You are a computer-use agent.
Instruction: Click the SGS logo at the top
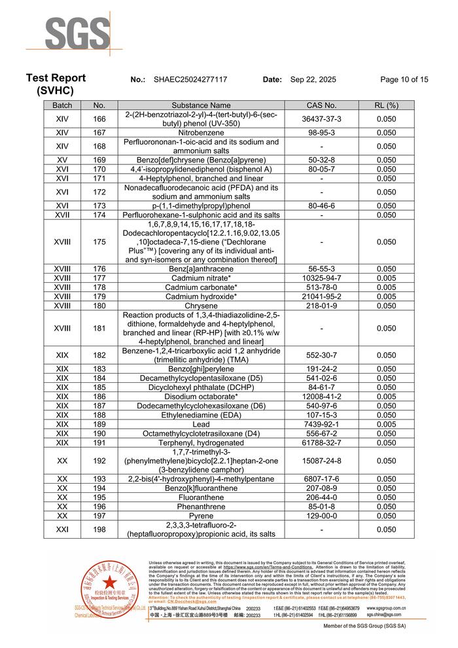pyautogui.click(x=77, y=33)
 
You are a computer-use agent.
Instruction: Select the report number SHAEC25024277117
pyautogui.click(x=190, y=80)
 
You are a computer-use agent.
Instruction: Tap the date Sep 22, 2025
pyautogui.click(x=313, y=80)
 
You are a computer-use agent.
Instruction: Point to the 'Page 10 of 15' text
pyautogui.click(x=404, y=80)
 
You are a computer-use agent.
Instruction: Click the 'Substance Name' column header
pyautogui.click(x=201, y=105)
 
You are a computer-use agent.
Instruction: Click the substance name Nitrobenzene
pyautogui.click(x=201, y=132)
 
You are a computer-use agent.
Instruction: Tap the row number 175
pyautogui.click(x=99, y=242)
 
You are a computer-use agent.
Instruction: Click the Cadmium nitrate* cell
pyautogui.click(x=201, y=278)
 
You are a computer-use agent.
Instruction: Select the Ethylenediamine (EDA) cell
pyautogui.click(x=201, y=415)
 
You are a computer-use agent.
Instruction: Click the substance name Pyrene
pyautogui.click(x=201, y=516)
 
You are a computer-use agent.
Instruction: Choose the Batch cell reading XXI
pyautogui.click(x=63, y=530)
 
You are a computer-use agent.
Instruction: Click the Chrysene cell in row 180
pyautogui.click(x=201, y=305)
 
